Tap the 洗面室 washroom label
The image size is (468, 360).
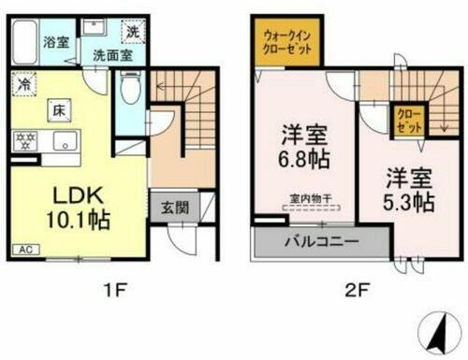(x=110, y=54)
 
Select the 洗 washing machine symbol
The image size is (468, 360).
(x=132, y=31)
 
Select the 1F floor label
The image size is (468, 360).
(x=118, y=287)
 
